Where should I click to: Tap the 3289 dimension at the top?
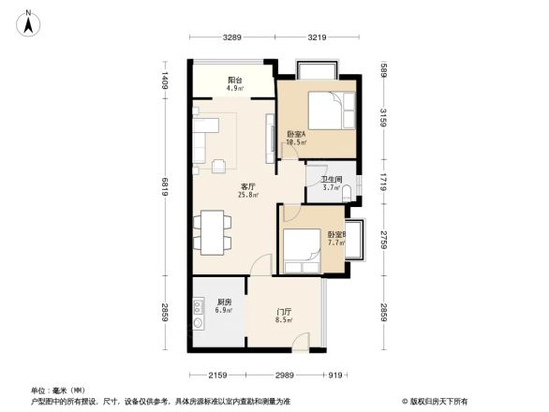(233, 37)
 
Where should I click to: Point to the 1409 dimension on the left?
(165, 81)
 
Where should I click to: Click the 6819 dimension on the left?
(165, 191)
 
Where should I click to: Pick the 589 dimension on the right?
(383, 69)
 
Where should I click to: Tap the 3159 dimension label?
(383, 121)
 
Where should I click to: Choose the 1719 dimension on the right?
(383, 182)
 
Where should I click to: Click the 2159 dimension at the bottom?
(218, 375)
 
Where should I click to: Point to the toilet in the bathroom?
(349, 193)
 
